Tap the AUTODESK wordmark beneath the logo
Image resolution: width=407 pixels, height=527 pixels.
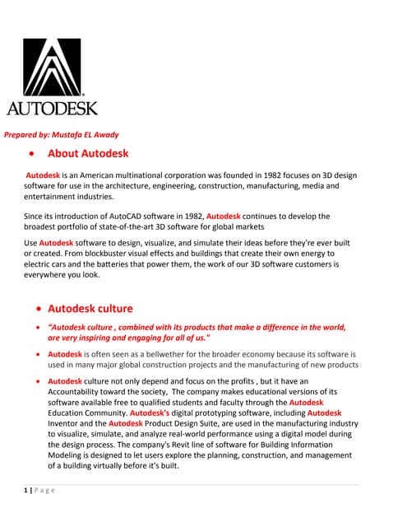52,108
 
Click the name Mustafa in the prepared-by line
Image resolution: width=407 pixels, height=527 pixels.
83,134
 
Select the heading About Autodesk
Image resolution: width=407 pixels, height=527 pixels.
88,154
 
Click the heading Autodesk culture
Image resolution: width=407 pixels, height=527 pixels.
90,309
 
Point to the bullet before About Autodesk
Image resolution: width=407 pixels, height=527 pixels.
31,155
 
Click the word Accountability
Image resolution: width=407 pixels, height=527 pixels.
81,392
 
